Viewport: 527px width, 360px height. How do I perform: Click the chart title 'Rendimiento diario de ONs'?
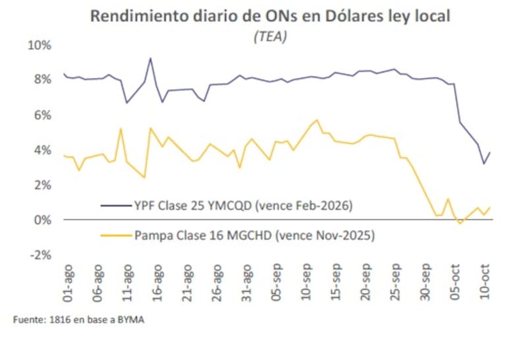(270, 16)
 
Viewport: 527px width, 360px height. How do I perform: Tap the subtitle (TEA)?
(270, 38)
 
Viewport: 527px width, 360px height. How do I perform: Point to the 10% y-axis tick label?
(38, 45)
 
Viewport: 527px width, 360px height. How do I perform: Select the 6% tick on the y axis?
(41, 115)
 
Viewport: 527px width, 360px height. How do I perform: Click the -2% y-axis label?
(40, 255)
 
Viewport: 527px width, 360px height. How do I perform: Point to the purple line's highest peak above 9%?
(150, 58)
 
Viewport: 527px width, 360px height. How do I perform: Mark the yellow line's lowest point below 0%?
(460, 224)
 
